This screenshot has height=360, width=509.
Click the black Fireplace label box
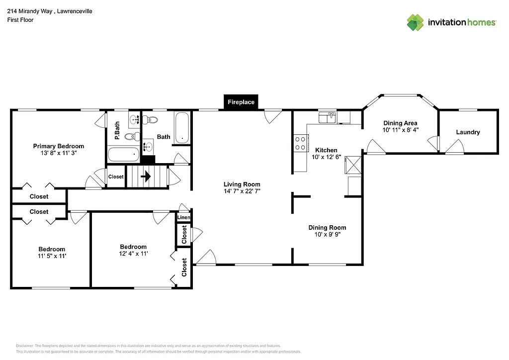pyautogui.click(x=241, y=102)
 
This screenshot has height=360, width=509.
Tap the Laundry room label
pyautogui.click(x=468, y=132)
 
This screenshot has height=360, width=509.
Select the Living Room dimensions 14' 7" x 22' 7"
pyautogui.click(x=242, y=191)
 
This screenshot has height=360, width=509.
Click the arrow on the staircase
pyautogui.click(x=147, y=177)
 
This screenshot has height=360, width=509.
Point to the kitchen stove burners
pyautogui.click(x=300, y=143)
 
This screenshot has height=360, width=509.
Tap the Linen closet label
pyautogui.click(x=183, y=218)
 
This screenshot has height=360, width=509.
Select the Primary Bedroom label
pyautogui.click(x=59, y=146)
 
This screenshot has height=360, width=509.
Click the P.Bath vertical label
pyautogui.click(x=117, y=130)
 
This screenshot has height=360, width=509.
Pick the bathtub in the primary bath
pyautogui.click(x=123, y=154)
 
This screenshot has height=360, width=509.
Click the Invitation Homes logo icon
pyautogui.click(x=415, y=22)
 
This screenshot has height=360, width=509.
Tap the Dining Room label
pyautogui.click(x=327, y=228)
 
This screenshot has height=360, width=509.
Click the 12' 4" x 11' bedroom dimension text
pyautogui.click(x=133, y=254)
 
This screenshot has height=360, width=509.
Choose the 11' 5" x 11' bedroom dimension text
pyautogui.click(x=52, y=256)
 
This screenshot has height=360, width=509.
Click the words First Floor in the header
pyautogui.click(x=20, y=20)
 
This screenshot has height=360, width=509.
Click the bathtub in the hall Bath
pyautogui.click(x=182, y=128)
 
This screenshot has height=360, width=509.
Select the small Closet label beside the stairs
pyautogui.click(x=116, y=177)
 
